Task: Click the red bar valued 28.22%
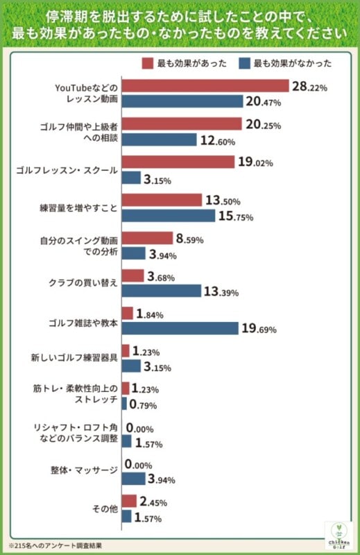tap(205, 86)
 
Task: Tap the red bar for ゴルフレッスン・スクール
tap(178, 162)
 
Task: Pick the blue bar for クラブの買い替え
tap(161, 291)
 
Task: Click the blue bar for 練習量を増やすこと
tap(169, 216)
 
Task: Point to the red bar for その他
tap(128, 501)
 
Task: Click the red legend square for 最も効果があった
tap(148, 63)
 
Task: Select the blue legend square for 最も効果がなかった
tap(243, 63)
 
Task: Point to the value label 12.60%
tap(218, 141)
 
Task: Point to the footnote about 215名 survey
tap(59, 546)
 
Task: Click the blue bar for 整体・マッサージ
tap(133, 479)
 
